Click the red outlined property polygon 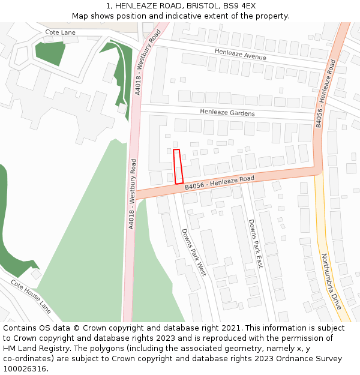click(x=178, y=166)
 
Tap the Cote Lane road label click(x=61, y=32)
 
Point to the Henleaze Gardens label click(x=227, y=113)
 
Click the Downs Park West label click(x=194, y=252)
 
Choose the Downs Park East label click(x=256, y=243)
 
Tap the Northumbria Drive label click(x=331, y=281)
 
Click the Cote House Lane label click(x=31, y=296)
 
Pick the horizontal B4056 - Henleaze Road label click(x=220, y=182)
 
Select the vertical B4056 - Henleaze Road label click(x=325, y=93)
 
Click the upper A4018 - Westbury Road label click(x=148, y=62)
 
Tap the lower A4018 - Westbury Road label click(x=132, y=193)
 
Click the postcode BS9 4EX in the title click(x=242, y=5)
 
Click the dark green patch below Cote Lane click(x=50, y=53)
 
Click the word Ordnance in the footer click(x=277, y=359)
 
